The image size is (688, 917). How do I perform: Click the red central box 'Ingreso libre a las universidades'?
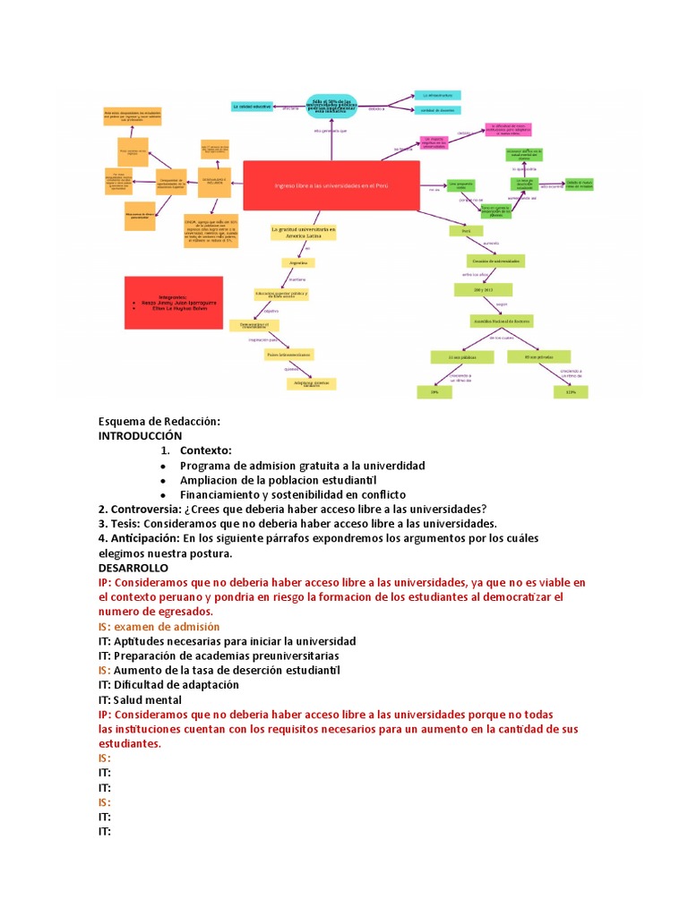coord(331,185)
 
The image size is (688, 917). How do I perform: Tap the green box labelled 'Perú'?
coord(466,231)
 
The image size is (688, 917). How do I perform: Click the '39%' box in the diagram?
coord(434,391)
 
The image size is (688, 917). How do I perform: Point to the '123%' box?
coord(571,391)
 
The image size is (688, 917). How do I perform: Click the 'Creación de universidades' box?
coord(493,260)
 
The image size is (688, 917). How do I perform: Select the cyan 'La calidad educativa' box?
coord(252,106)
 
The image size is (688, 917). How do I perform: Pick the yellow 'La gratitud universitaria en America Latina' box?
coord(303,232)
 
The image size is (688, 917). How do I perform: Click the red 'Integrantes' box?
coord(173,301)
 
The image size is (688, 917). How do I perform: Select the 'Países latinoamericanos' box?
coord(288,355)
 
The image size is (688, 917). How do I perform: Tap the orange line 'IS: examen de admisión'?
coord(159,626)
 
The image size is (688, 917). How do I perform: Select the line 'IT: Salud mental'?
coord(140,699)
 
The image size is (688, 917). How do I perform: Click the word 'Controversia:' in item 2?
coord(144,509)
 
